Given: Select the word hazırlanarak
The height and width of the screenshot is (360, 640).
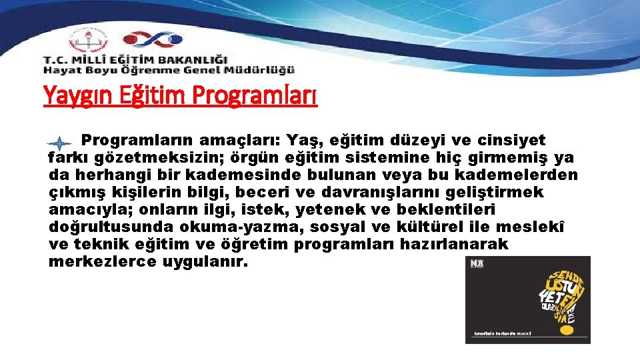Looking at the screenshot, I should pyautogui.click(x=454, y=245).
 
